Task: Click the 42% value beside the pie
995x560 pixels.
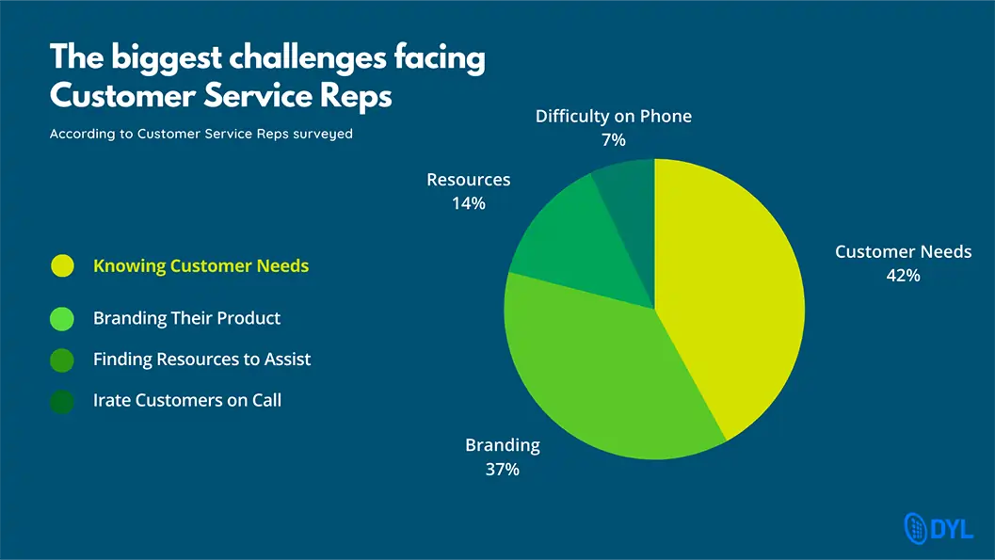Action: coord(903,275)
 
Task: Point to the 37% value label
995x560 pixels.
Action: coord(502,470)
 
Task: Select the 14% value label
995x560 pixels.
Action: coord(468,203)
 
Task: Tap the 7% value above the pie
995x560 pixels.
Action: coord(614,139)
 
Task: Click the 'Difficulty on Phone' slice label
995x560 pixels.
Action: coord(614,116)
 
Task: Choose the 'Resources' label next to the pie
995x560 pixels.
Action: coord(468,180)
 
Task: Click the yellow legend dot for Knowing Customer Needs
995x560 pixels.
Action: coord(62,265)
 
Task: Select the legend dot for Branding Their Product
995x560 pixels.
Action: coord(62,318)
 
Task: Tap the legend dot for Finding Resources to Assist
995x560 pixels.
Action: coord(62,360)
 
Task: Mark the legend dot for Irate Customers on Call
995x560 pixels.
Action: coord(62,402)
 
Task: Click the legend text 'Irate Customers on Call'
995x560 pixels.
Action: coord(187,400)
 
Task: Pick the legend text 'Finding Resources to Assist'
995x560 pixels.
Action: coord(201,359)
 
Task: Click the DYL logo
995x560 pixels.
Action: coord(939,528)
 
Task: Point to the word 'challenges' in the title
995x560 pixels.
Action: coord(307,57)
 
